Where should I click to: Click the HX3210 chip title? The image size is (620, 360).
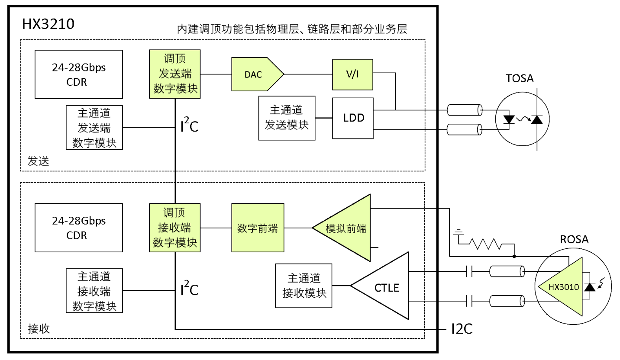point(48,24)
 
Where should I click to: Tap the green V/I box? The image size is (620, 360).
point(352,74)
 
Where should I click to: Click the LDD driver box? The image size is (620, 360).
point(352,118)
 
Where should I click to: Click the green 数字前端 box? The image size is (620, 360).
point(258,228)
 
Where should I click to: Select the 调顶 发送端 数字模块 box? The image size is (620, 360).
point(175,74)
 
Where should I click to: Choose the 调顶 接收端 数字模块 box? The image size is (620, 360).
point(175,228)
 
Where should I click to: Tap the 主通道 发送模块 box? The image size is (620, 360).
point(287,118)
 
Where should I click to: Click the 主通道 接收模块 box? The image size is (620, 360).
point(304,286)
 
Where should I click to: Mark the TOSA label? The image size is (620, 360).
point(520,79)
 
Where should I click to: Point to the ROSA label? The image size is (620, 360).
point(574,239)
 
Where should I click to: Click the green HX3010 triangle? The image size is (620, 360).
point(558,286)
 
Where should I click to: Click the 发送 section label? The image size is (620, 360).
point(39,162)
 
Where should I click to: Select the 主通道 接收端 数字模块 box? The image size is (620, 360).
point(94,291)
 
